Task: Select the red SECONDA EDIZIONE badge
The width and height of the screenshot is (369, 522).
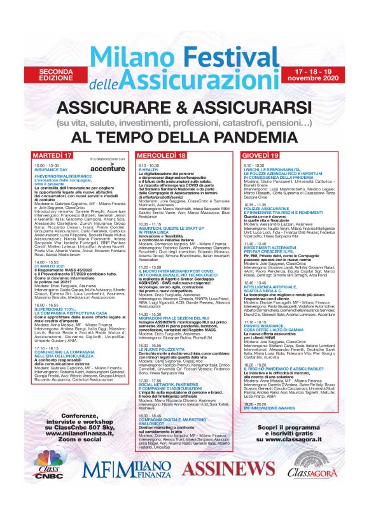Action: coord(57,74)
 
